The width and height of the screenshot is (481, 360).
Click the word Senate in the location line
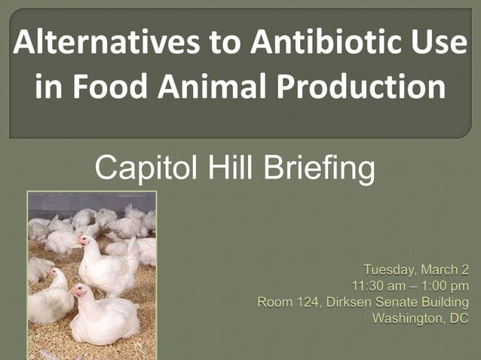click(396, 302)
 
